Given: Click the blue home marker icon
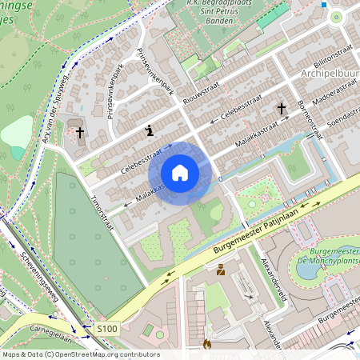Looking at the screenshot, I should [x=180, y=173].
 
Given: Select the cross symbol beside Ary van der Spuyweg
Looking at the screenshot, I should [x=80, y=132].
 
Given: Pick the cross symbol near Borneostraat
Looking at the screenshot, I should [x=281, y=108].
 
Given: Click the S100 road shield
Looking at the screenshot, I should [x=107, y=328].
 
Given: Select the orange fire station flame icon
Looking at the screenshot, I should [x=206, y=345].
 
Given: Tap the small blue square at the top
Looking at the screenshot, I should [x=323, y=5].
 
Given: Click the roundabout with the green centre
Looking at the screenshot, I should [x=336, y=16].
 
